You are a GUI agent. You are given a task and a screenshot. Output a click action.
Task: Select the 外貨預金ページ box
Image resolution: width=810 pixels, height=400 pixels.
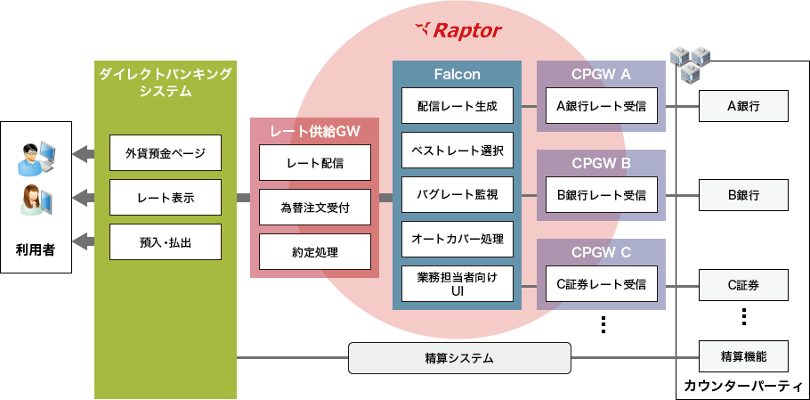165,153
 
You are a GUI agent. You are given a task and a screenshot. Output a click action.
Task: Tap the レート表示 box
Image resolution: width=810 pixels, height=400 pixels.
165,197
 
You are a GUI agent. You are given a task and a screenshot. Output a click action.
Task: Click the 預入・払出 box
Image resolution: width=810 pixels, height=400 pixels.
165,241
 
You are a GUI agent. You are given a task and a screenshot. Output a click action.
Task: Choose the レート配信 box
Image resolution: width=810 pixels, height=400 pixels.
315,163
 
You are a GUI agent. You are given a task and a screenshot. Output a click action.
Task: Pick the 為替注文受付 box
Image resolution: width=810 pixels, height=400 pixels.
315,208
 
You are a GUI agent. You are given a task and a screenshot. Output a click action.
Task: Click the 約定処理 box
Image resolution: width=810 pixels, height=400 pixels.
315,251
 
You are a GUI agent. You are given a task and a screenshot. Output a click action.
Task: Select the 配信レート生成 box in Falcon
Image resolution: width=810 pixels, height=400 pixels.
457,106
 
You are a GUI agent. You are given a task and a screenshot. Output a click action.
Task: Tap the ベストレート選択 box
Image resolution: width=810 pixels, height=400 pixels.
457,151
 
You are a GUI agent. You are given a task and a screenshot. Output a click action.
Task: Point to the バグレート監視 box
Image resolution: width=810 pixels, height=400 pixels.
457,194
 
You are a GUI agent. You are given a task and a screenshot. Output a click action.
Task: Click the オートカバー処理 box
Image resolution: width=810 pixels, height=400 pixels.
457,239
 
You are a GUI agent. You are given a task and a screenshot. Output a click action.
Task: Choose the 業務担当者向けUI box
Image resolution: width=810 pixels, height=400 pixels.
457,284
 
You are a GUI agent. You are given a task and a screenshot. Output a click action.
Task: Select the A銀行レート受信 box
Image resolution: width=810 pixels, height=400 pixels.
601,106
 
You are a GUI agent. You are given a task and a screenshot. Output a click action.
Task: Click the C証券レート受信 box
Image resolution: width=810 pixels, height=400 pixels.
601,284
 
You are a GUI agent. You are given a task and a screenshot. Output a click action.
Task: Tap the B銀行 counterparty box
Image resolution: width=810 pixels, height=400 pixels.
743,194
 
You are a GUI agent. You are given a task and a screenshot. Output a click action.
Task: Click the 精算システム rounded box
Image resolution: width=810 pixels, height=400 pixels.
458,358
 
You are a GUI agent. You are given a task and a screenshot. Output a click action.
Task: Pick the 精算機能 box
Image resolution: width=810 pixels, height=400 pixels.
743,357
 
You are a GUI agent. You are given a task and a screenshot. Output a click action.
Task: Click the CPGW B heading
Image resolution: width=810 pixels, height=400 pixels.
601,164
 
